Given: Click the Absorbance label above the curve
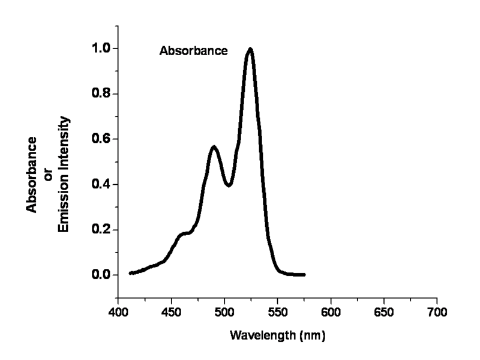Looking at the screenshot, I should [193, 52].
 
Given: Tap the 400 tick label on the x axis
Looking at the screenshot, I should [118, 313].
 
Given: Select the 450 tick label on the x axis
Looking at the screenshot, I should [172, 313].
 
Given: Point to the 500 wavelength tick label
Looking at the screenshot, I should [224, 313].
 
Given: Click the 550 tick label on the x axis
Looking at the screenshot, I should [278, 313].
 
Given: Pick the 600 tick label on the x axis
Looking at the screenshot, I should [331, 313].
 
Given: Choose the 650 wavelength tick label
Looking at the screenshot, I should [384, 313].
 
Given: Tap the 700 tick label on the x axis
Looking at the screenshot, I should [437, 313].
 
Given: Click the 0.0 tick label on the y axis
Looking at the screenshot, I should [100, 275].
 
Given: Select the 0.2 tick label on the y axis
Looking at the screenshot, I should [100, 230].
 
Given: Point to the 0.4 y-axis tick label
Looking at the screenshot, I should [100, 185].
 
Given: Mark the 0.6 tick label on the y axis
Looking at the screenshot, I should [100, 139].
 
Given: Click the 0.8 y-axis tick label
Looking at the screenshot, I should [100, 94].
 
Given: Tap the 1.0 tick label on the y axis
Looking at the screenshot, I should [100, 49].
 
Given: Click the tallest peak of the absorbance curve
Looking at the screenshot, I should [250, 50].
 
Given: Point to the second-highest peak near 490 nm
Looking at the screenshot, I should [214, 147].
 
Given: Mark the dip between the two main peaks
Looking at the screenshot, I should [229, 185].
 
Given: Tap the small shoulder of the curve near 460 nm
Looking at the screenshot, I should [184, 233].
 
